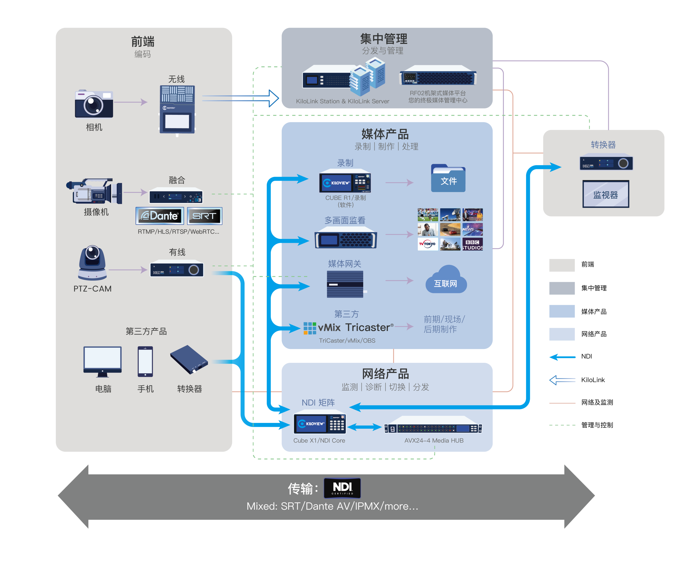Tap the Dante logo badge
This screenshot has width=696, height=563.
click(160, 216)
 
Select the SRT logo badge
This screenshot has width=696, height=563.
click(204, 216)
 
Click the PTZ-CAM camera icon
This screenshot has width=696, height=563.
click(92, 262)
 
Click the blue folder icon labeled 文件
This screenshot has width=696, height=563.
click(448, 178)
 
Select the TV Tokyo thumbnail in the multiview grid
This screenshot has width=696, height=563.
click(428, 244)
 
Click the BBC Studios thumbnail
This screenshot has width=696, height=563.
click(472, 244)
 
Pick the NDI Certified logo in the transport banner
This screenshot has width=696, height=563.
click(342, 488)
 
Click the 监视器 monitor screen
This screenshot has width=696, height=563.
click(605, 194)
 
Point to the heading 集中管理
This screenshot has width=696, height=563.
click(384, 39)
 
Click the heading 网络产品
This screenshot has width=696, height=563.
click(386, 374)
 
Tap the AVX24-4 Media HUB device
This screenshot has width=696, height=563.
click(433, 428)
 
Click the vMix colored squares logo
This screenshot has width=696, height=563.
click(310, 328)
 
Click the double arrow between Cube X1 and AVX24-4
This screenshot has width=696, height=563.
click(365, 427)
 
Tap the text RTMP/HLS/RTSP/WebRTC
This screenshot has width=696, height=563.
click(178, 231)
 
